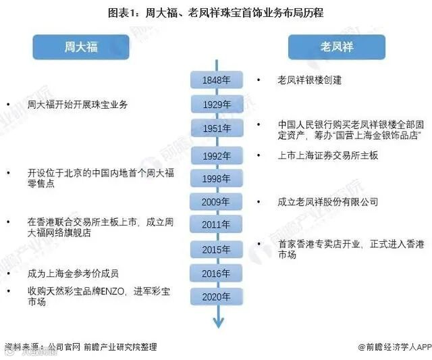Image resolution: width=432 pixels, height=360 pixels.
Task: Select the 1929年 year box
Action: pyautogui.click(x=215, y=105)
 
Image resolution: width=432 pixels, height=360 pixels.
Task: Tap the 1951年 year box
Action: pyautogui.click(x=215, y=128)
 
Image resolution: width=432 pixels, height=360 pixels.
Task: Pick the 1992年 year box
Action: pyautogui.click(x=215, y=155)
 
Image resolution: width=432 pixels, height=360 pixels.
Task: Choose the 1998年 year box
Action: pyautogui.click(x=215, y=178)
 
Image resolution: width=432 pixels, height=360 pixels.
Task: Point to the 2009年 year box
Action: pyautogui.click(x=215, y=201)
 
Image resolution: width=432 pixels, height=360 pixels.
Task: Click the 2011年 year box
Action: pyautogui.click(x=215, y=224)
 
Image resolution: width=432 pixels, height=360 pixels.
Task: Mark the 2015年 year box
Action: pyautogui.click(x=215, y=250)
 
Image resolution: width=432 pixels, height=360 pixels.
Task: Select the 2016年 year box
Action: pyautogui.click(x=215, y=273)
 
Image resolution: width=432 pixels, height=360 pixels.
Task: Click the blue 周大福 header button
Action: pyautogui.click(x=80, y=47)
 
